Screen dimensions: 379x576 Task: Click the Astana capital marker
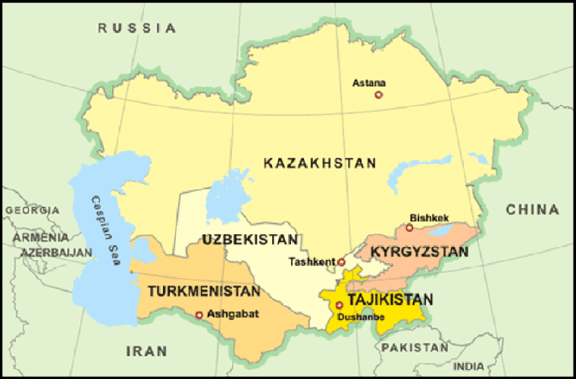point(379,95)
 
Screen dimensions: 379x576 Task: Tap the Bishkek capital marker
point(409,227)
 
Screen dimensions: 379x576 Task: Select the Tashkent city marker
point(341,262)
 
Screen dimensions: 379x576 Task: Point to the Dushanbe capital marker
point(339,305)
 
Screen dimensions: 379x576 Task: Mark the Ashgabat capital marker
point(199,315)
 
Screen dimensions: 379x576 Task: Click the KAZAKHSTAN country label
point(320,163)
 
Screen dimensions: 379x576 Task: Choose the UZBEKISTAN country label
point(249,240)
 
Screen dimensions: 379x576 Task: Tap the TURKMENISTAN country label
point(204,290)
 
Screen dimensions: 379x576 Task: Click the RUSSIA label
point(136,28)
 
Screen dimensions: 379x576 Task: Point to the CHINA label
point(533,209)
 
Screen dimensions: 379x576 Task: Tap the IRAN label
point(143,350)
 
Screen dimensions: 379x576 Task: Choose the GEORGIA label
point(31,210)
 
